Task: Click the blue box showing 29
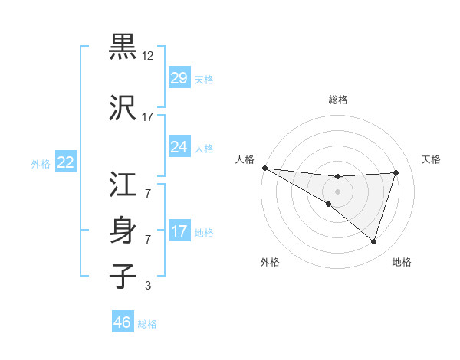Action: click(x=179, y=77)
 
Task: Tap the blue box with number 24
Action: click(x=179, y=147)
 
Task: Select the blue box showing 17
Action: click(x=179, y=231)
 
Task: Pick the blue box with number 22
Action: click(x=66, y=162)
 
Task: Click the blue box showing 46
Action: click(x=123, y=322)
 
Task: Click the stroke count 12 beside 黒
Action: click(x=148, y=56)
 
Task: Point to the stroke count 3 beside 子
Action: click(x=148, y=286)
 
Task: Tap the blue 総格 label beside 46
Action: click(x=147, y=324)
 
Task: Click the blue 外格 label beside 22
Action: click(x=41, y=163)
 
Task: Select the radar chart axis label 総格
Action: click(x=338, y=100)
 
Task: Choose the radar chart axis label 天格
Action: click(x=432, y=159)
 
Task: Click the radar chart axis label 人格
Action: click(x=245, y=159)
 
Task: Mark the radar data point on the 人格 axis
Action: click(x=265, y=168)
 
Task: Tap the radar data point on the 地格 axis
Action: click(x=374, y=241)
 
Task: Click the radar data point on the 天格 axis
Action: click(x=396, y=172)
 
